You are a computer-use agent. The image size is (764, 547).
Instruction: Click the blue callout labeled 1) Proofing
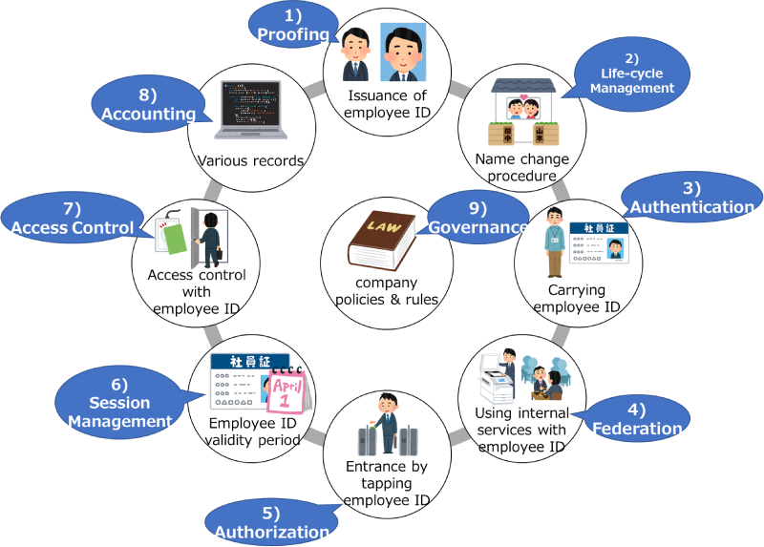point(292,24)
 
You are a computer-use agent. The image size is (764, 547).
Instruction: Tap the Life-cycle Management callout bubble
point(631,75)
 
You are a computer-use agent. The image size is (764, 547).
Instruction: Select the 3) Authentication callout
point(691,198)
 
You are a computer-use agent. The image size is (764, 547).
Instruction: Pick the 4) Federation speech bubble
point(637,420)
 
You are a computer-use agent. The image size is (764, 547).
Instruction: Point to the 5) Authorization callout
point(269,521)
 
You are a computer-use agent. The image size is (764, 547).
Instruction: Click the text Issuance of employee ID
point(388,103)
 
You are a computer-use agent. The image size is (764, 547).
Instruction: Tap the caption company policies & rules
point(386,291)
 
